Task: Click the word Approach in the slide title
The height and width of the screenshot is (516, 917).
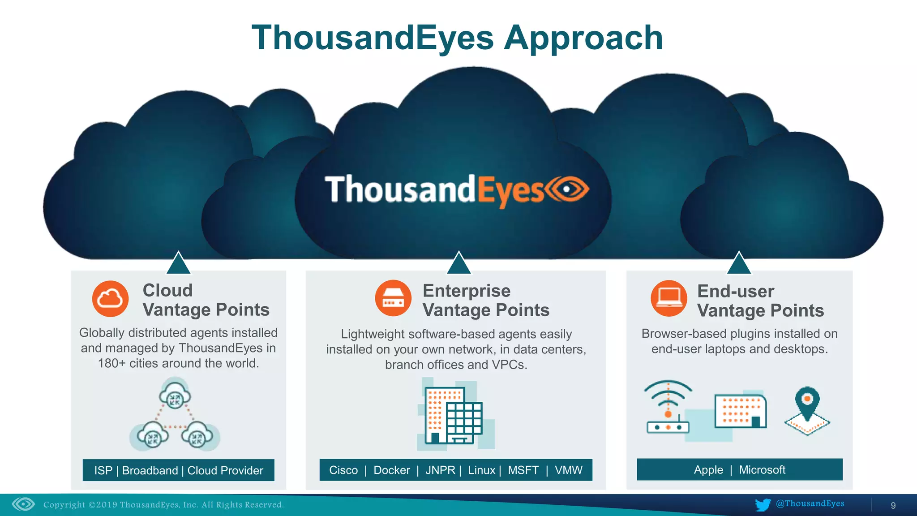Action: pos(583,39)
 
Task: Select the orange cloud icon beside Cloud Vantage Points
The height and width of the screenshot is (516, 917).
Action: pos(110,299)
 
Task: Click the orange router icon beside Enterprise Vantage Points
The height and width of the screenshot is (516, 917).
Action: pos(393,299)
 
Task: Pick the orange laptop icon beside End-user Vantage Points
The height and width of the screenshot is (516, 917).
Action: pos(668,298)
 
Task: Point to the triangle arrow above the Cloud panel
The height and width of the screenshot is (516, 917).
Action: pos(178,264)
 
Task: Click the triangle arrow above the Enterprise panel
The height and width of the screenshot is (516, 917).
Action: pos(458,264)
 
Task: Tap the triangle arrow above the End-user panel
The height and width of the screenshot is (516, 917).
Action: pos(739,264)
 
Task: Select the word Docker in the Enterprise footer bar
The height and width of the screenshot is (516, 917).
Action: pos(391,470)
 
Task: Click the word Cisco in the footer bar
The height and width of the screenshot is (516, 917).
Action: pos(343,470)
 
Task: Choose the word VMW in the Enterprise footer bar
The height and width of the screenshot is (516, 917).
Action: pos(569,470)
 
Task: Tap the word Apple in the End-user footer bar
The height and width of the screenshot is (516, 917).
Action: pos(708,470)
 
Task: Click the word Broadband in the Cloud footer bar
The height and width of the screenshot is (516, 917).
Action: pos(150,471)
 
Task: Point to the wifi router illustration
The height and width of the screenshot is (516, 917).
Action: pos(668,408)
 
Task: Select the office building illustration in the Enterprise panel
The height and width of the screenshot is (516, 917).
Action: pos(453,414)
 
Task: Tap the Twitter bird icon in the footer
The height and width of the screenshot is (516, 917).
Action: pos(763,505)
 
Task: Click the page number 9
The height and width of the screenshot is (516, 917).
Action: pos(893,506)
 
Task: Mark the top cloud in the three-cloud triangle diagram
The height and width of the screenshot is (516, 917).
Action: pos(175,394)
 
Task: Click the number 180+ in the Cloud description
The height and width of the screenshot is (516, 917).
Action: pos(111,363)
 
